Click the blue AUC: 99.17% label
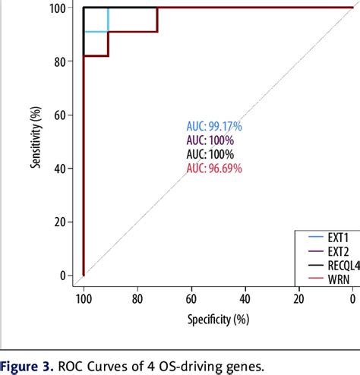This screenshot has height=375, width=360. click(x=214, y=126)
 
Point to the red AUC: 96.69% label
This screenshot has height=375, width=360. click(x=214, y=169)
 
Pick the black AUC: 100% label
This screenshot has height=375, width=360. click(x=210, y=154)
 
